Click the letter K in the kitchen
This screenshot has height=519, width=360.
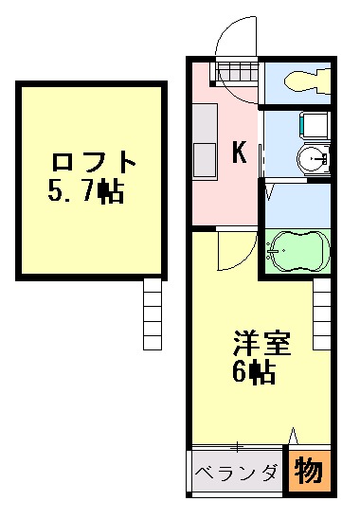pyautogui.click(x=240, y=151)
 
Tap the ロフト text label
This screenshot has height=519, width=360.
pyautogui.click(x=93, y=160)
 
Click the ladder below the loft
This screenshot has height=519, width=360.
pyautogui.click(x=153, y=316)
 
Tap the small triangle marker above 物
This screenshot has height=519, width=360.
pyautogui.click(x=294, y=437)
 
